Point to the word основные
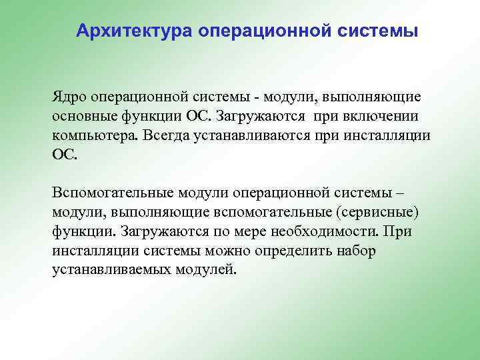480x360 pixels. [82, 116]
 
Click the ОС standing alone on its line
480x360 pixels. [64, 155]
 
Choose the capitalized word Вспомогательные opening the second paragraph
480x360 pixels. [112, 193]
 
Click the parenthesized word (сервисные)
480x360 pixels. [378, 213]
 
